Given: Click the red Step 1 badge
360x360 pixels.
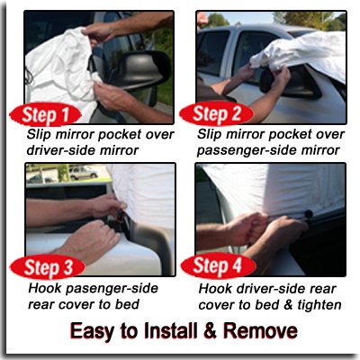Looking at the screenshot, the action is [45, 114].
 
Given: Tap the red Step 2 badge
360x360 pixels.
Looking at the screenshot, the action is [216, 114].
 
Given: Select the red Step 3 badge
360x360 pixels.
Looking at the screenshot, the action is [48, 267].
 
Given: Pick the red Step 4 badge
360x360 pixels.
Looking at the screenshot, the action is [218, 265].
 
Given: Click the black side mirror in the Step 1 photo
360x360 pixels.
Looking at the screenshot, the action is [139, 69].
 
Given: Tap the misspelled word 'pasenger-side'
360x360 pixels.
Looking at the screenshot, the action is [112, 289].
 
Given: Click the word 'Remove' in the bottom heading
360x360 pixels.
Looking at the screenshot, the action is [260, 331].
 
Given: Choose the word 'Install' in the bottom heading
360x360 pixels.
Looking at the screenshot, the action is [170, 330].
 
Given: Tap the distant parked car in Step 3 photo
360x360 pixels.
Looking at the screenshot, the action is [83, 172].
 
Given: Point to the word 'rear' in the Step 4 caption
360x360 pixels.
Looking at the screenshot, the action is [323, 290].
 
